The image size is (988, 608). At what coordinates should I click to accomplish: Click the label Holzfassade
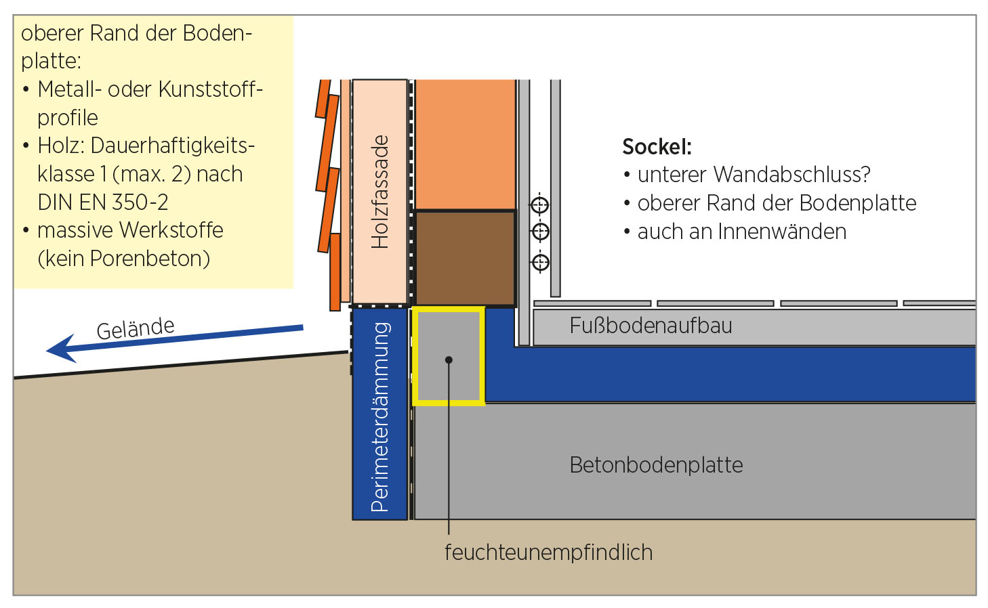[380, 192]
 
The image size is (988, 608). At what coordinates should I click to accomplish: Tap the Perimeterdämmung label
[380, 416]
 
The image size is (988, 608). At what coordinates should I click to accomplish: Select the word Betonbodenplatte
[656, 465]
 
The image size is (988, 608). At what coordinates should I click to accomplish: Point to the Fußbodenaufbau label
[651, 326]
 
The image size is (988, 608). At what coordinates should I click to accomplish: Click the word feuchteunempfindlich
[548, 552]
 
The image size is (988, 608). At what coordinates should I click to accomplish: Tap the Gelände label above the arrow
[136, 328]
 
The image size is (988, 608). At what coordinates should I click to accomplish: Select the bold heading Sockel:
[657, 147]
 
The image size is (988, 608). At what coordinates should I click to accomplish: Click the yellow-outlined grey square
[448, 355]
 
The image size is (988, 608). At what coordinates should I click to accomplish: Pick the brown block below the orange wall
[465, 258]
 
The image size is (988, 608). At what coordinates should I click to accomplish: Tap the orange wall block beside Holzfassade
[465, 144]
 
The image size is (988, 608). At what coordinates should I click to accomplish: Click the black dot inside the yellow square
[449, 360]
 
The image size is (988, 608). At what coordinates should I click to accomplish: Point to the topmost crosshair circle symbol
[539, 204]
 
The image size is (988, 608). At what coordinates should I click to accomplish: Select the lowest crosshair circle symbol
[540, 262]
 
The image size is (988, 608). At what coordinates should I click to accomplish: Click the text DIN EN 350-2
[103, 202]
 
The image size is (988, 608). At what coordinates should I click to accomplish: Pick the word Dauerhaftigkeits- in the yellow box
[172, 146]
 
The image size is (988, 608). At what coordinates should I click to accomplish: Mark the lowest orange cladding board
[335, 272]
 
